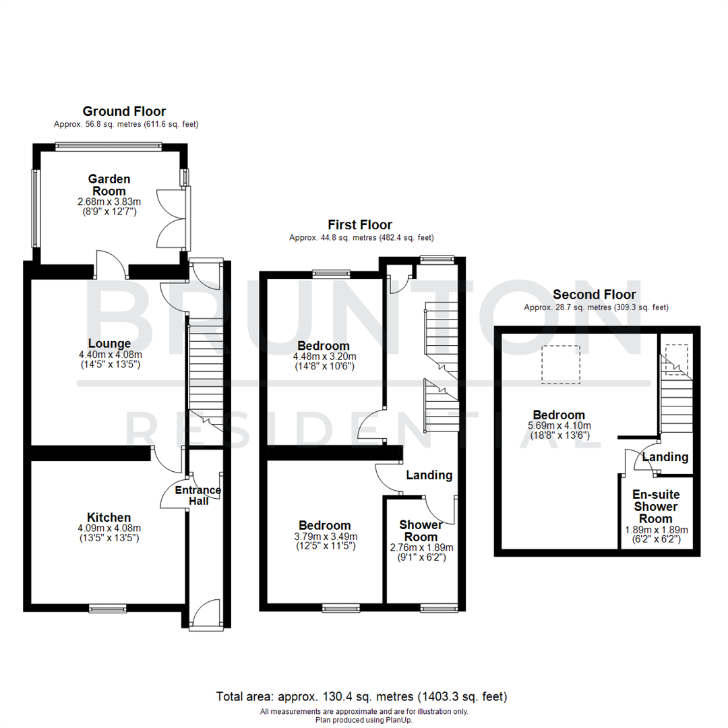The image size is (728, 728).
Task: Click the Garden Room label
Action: point(109,185)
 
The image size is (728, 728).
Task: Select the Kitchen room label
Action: point(109,518)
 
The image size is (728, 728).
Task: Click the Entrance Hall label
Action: point(198,495)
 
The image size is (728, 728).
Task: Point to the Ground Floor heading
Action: point(124,111)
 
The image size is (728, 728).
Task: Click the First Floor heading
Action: point(360,224)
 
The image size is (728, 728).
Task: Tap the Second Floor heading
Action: point(595,295)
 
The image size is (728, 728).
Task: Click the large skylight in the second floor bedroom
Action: point(561,365)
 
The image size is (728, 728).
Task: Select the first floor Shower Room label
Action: point(421,530)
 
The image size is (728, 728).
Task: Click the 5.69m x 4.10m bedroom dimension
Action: point(559,425)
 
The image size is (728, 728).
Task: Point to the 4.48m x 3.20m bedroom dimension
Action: point(325,357)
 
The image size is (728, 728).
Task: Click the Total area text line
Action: point(361,696)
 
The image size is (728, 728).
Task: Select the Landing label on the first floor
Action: point(429,475)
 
